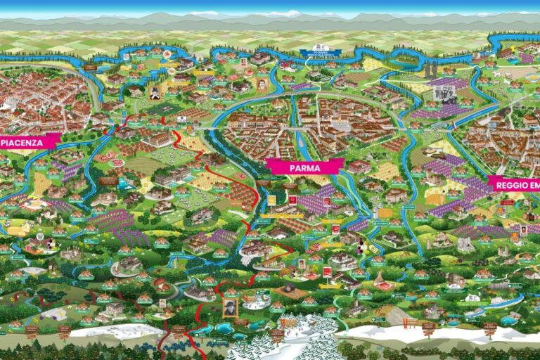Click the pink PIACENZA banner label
(x=30, y=141)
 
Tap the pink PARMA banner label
(x=304, y=167)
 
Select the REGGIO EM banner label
(x=516, y=184)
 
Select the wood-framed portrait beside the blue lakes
(x=230, y=307)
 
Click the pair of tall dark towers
(x=429, y=68)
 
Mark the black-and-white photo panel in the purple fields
(x=444, y=94)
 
